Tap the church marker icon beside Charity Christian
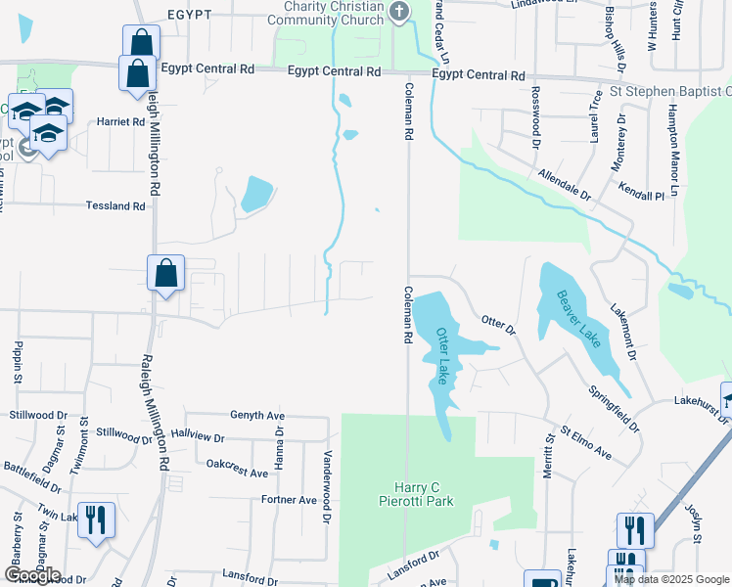click(x=398, y=12)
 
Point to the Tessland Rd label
click(x=115, y=206)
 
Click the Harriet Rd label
click(x=120, y=122)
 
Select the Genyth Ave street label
click(x=256, y=415)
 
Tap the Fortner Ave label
click(x=289, y=500)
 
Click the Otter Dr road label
click(x=498, y=325)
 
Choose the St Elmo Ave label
click(x=585, y=442)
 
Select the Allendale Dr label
click(x=565, y=186)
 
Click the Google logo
click(x=31, y=575)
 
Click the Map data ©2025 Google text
click(x=671, y=579)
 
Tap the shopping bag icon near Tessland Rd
click(x=165, y=273)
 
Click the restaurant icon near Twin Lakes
click(x=96, y=520)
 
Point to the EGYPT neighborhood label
click(x=190, y=15)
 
